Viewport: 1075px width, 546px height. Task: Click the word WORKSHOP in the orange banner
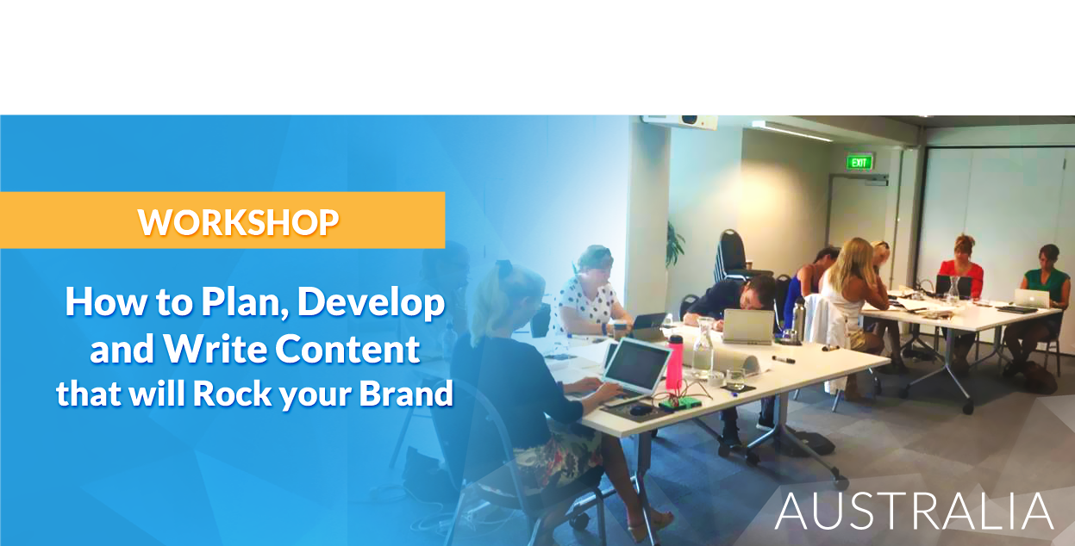pos(239,222)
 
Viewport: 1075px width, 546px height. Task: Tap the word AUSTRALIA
pos(914,511)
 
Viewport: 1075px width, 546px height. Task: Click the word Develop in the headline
pos(371,304)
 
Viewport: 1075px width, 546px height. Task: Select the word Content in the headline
pos(347,349)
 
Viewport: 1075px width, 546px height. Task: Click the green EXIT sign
pos(859,163)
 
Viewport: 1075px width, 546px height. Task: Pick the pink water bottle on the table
pos(674,362)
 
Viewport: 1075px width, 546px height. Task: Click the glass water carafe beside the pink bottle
pos(703,349)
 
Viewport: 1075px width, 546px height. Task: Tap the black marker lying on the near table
pos(784,359)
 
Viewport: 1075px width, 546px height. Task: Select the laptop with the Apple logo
pos(1032,298)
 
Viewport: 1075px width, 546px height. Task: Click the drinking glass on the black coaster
pos(735,379)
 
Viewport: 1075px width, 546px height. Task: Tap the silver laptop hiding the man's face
pos(748,326)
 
